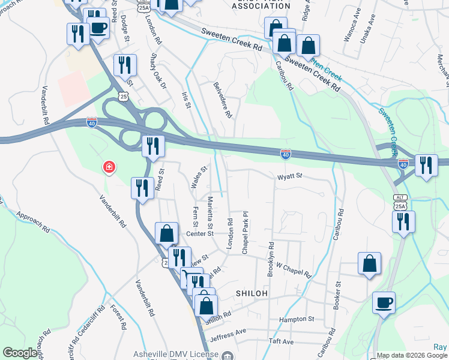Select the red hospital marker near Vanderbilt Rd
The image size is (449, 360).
tap(109, 166)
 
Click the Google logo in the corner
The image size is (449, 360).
tap(20, 353)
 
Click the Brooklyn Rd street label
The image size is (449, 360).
tap(271, 259)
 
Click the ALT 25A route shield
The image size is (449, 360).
tap(400, 202)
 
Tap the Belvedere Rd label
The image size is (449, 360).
tap(221, 100)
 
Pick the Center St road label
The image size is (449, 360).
tap(200, 233)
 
